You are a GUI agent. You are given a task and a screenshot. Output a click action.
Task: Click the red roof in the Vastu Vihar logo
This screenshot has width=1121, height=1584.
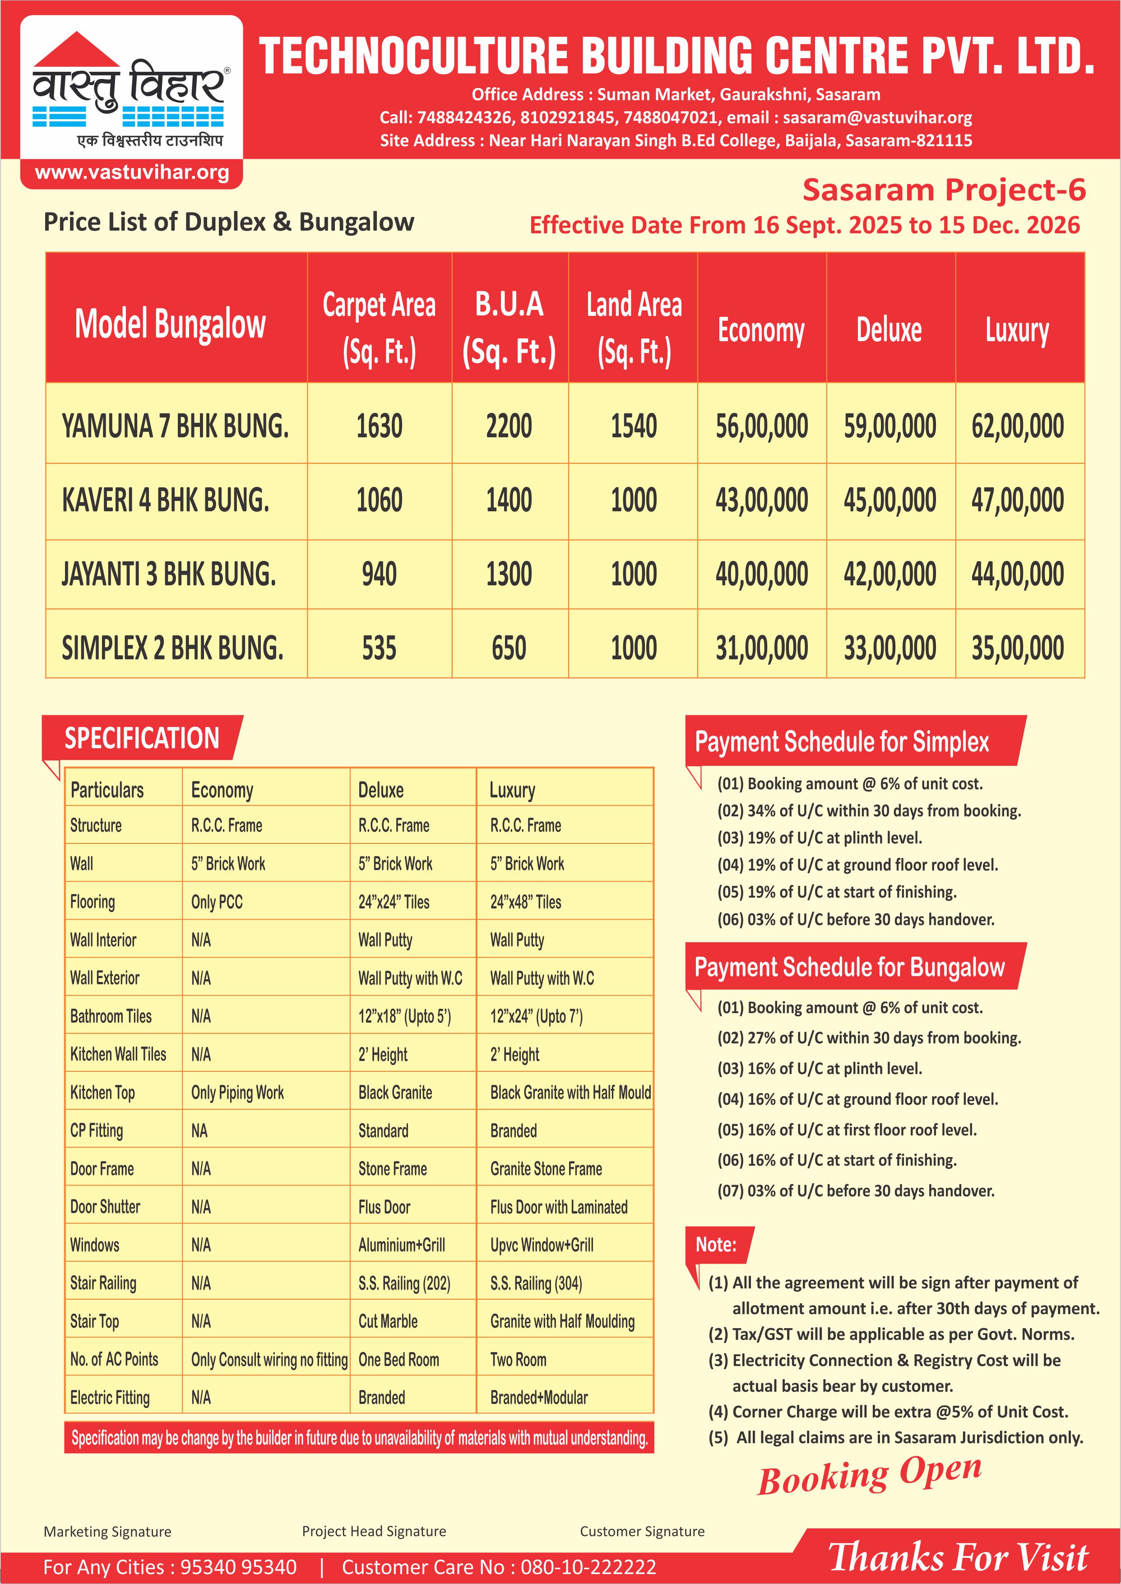point(77,51)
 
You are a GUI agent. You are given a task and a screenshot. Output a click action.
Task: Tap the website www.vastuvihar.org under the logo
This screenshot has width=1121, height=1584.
point(132,172)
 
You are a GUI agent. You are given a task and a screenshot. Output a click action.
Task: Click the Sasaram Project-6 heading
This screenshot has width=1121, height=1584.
point(944,190)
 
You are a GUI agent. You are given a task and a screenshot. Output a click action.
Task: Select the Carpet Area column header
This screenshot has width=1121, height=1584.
point(379,328)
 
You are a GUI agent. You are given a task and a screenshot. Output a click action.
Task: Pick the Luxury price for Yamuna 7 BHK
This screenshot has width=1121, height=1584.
point(1018,426)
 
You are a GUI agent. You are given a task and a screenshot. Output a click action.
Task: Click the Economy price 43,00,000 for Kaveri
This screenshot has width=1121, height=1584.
point(761,500)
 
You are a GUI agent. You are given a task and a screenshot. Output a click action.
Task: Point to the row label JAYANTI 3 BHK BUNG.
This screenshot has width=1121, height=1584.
point(169,574)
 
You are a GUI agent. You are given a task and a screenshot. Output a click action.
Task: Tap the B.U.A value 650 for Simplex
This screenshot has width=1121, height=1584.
point(509,648)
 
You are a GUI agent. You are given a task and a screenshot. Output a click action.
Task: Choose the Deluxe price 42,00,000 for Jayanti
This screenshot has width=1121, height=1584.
point(890,574)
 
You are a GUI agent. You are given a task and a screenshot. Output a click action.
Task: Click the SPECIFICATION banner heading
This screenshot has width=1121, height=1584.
point(142,738)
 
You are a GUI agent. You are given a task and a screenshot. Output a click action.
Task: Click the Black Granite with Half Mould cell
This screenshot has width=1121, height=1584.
point(570,1093)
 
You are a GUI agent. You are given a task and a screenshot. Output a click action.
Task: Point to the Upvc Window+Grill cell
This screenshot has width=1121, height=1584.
point(542,1245)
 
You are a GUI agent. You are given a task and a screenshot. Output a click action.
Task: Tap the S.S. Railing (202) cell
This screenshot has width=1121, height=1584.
point(404,1283)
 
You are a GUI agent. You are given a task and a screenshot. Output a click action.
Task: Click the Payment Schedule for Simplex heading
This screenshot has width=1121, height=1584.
point(842,742)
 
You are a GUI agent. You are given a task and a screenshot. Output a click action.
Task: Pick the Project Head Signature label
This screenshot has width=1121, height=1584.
point(374,1531)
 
